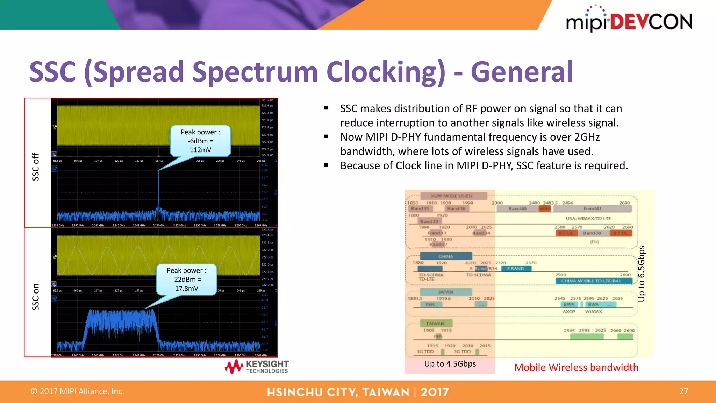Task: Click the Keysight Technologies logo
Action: [257, 367]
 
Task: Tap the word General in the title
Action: [522, 72]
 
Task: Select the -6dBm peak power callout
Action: [200, 141]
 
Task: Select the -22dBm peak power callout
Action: [186, 280]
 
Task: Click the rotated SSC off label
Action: [36, 167]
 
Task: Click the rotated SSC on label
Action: [36, 297]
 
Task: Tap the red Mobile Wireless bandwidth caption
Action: [576, 367]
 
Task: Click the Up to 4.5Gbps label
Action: [450, 364]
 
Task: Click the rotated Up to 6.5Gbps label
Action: [641, 274]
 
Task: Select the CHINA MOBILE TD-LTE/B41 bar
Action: [593, 281]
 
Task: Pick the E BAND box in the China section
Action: [516, 269]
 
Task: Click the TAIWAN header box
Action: [435, 324]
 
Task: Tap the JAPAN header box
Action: [445, 292]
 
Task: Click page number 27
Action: [683, 391]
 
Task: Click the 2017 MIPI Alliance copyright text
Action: [78, 391]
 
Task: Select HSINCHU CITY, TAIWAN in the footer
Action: [338, 392]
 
